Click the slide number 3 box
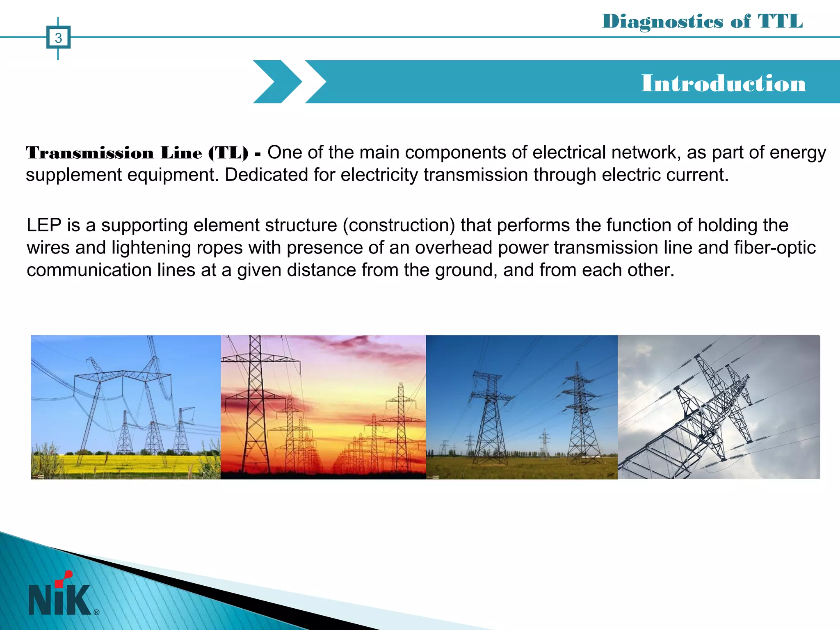click(58, 38)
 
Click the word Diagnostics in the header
click(662, 22)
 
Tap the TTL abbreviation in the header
click(780, 21)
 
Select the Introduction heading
click(724, 83)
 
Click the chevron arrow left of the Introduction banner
click(277, 82)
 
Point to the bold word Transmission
click(89, 153)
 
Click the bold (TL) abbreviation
click(228, 153)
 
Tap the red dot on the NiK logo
click(68, 574)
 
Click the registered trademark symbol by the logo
click(96, 612)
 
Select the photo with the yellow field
click(126, 407)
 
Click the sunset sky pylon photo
click(323, 407)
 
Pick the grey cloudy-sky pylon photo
click(719, 407)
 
